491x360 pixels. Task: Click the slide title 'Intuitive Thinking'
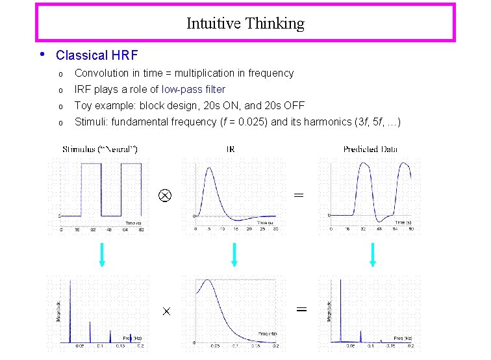click(245, 24)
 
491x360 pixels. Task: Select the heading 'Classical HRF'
click(97, 55)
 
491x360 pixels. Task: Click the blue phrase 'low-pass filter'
click(194, 89)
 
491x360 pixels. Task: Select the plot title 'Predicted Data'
click(370, 149)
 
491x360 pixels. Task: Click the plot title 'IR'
click(231, 149)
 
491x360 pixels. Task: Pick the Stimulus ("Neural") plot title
click(100, 149)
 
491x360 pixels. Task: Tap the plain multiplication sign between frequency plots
click(166, 312)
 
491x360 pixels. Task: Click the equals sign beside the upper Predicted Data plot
click(298, 194)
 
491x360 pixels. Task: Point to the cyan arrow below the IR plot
click(234, 254)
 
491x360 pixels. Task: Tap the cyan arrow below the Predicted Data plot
click(373, 254)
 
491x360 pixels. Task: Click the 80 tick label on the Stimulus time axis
click(140, 229)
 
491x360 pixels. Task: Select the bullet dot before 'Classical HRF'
click(42, 54)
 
